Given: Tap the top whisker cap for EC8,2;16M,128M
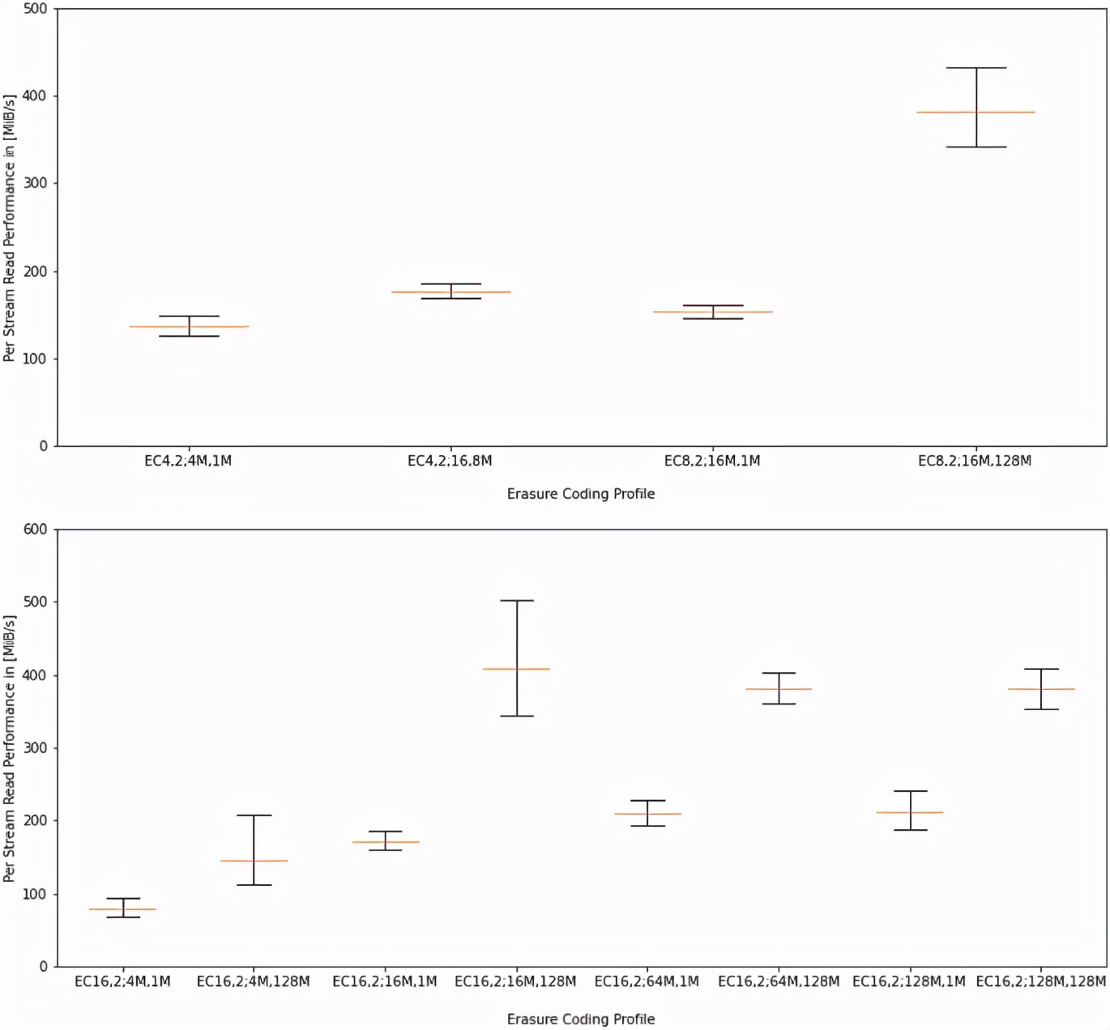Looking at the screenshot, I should (976, 68).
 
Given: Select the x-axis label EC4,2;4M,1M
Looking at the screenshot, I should (188, 461).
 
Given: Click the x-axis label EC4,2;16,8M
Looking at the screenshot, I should (450, 461).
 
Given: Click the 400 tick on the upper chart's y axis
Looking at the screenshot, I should (35, 96).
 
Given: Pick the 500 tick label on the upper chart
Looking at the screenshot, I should (35, 9).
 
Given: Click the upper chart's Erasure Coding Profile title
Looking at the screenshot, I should (581, 494).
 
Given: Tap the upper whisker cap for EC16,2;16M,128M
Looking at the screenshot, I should (516, 601).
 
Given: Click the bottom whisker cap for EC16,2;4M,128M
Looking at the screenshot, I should (254, 885).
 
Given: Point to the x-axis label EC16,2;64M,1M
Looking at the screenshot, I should (647, 981).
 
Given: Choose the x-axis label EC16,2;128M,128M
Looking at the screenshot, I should (1040, 981).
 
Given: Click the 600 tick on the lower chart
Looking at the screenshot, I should (35, 530).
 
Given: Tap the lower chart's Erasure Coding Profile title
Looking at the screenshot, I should (581, 1019).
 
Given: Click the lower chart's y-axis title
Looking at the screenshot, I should (10, 748).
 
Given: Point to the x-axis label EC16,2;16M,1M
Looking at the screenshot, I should (385, 981).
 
